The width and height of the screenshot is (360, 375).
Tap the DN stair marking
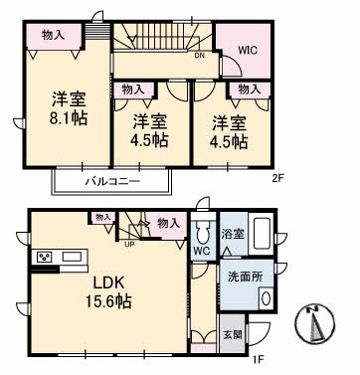click(200, 56)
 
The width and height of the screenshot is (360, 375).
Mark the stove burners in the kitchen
click(46, 259)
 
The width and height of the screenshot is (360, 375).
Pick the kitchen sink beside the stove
click(72, 259)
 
